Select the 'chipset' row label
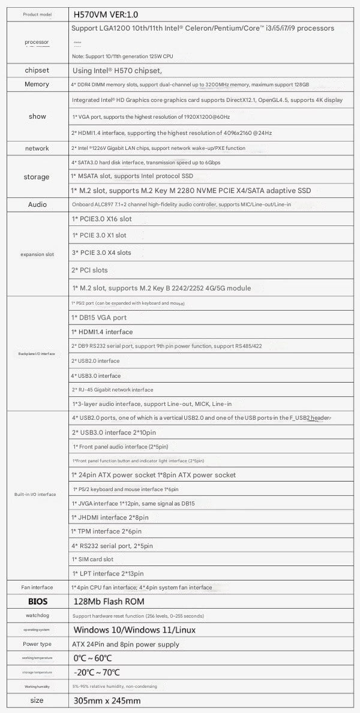tap(37, 70)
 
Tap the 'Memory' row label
tap(37, 85)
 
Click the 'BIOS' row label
tap(37, 601)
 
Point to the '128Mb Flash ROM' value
tap(108, 601)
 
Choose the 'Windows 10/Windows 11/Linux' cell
tap(134, 630)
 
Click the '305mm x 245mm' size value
tap(106, 700)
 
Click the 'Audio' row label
tap(37, 204)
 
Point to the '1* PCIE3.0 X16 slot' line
tap(101, 219)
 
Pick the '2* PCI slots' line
tap(89, 270)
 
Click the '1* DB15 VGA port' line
tap(98, 317)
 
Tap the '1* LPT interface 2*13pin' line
tap(107, 574)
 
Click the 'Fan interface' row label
tap(37, 587)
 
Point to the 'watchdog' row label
tap(37, 615)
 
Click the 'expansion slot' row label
tap(37, 254)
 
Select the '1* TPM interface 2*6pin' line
tap(106, 531)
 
